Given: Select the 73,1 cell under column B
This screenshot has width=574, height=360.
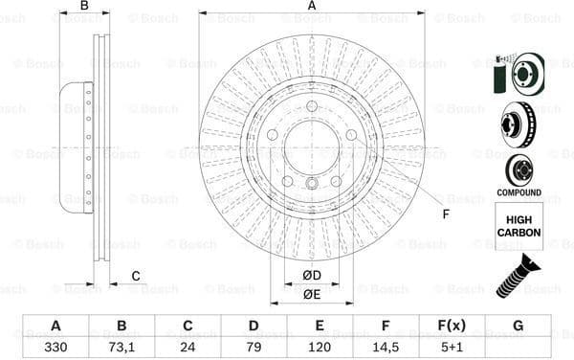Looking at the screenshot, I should coord(121,347).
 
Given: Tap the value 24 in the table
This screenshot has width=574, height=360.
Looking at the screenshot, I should coord(188,347).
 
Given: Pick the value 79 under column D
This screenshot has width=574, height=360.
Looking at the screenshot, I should coord(254,347).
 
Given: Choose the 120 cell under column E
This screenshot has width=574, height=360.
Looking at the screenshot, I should coord(320,347).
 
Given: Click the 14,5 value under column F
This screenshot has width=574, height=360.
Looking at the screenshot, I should coord(386,347).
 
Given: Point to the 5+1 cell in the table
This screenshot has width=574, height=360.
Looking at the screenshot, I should coord(452,347).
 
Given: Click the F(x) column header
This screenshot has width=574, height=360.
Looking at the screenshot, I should coord(452,325).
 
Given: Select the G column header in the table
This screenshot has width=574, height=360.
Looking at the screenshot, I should coord(518,325).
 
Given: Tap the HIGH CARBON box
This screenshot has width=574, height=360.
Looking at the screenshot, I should coord(519,226).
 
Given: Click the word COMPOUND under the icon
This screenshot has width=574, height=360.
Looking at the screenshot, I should coord(519,192).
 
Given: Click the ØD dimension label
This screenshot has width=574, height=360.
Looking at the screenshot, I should coord(312,277).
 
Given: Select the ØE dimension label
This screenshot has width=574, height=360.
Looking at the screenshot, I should coord(312,294).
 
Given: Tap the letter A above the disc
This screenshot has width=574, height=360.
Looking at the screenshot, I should coord(312,7).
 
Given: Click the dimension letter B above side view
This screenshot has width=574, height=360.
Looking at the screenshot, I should coord(84,7).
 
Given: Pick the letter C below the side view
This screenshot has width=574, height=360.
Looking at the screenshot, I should coord(136,277).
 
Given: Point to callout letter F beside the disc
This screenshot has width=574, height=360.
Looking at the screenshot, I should coord(446,214).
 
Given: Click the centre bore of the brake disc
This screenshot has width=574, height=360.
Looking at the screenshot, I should coord(312,148).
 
